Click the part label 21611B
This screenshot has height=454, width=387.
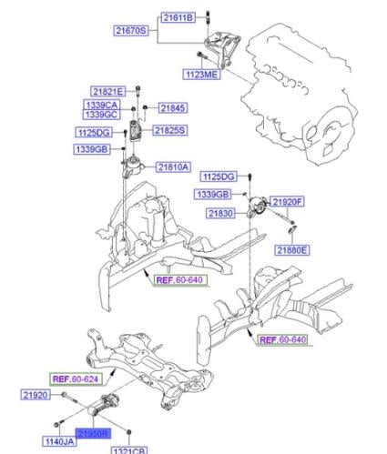[x=178, y=17]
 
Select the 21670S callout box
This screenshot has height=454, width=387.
[x=131, y=31]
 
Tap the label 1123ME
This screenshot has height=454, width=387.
[x=202, y=75]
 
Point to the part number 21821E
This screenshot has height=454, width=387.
[x=108, y=92]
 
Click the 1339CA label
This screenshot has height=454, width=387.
[x=102, y=105]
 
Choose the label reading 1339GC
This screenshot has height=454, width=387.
[x=102, y=115]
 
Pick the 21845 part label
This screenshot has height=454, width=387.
[x=173, y=108]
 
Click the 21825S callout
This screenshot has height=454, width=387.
[x=169, y=130]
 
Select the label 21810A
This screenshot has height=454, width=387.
[x=173, y=167]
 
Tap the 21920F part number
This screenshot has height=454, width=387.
[x=287, y=202]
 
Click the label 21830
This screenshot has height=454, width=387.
[x=220, y=214]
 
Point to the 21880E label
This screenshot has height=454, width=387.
[x=292, y=250]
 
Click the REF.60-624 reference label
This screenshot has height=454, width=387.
[x=76, y=378]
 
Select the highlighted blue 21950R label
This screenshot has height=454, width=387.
[x=93, y=434]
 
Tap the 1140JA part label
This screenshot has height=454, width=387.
[x=59, y=441]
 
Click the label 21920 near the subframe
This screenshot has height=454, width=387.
[x=36, y=395]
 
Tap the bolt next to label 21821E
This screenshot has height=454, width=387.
[x=137, y=91]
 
